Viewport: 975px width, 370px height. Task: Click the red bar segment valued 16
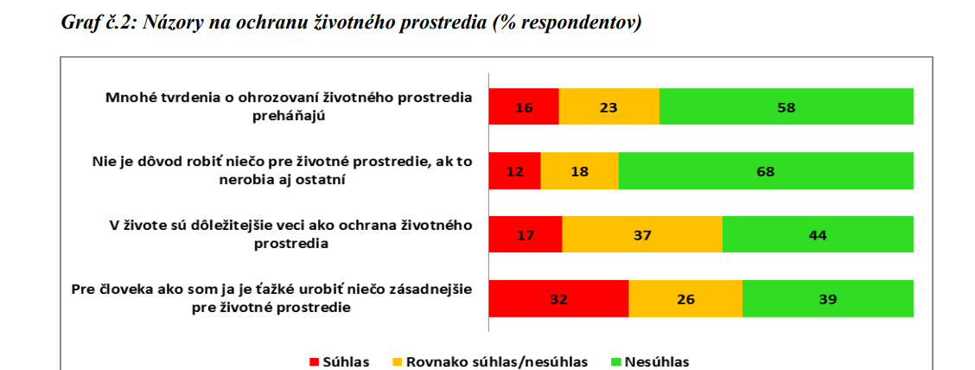[524, 107]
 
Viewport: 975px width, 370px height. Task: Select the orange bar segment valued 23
[609, 107]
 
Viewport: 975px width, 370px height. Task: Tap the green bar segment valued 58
[786, 107]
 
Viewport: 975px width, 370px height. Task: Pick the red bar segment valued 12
[514, 171]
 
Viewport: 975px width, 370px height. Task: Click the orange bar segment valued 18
[579, 171]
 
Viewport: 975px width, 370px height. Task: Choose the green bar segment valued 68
[766, 171]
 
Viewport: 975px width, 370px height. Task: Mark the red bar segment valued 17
[526, 235]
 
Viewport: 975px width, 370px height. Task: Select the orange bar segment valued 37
[642, 235]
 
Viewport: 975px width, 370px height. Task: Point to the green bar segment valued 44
[818, 235]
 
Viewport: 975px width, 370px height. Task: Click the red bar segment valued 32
[558, 299]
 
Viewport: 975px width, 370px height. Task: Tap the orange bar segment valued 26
[685, 299]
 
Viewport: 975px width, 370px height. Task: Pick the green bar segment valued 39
[827, 299]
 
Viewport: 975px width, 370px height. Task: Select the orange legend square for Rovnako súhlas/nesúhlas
[397, 361]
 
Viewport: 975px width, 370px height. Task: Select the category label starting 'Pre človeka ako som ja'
[271, 298]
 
